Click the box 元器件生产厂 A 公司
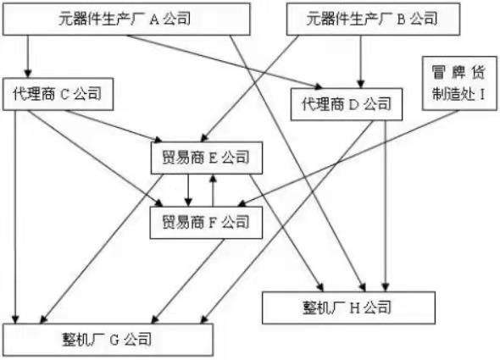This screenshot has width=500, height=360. (126, 19)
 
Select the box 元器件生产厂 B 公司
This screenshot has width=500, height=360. (373, 19)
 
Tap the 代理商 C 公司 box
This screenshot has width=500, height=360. (58, 94)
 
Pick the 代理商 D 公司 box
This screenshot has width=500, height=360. (347, 104)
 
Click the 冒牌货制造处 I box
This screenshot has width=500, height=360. (459, 84)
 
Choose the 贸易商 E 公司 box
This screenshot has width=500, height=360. (207, 158)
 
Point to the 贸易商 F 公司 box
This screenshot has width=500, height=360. (206, 223)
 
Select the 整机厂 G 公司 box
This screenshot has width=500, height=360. (108, 340)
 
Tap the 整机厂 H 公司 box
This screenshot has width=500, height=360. (348, 307)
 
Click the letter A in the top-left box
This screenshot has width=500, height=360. (154, 19)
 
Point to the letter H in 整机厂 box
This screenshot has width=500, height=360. (354, 308)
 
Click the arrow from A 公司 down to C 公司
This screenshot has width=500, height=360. (28, 57)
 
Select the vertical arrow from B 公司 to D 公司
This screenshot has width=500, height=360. (361, 62)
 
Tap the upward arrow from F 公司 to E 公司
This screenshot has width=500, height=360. (213, 191)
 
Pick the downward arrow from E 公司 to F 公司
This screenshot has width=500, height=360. (188, 191)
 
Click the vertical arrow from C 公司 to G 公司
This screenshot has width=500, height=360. (15, 217)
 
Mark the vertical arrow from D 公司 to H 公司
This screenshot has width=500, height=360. (386, 206)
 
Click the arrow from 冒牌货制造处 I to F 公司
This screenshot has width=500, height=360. (348, 158)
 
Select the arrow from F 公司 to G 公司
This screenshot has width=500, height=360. (188, 281)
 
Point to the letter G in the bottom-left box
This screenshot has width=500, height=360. (114, 340)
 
